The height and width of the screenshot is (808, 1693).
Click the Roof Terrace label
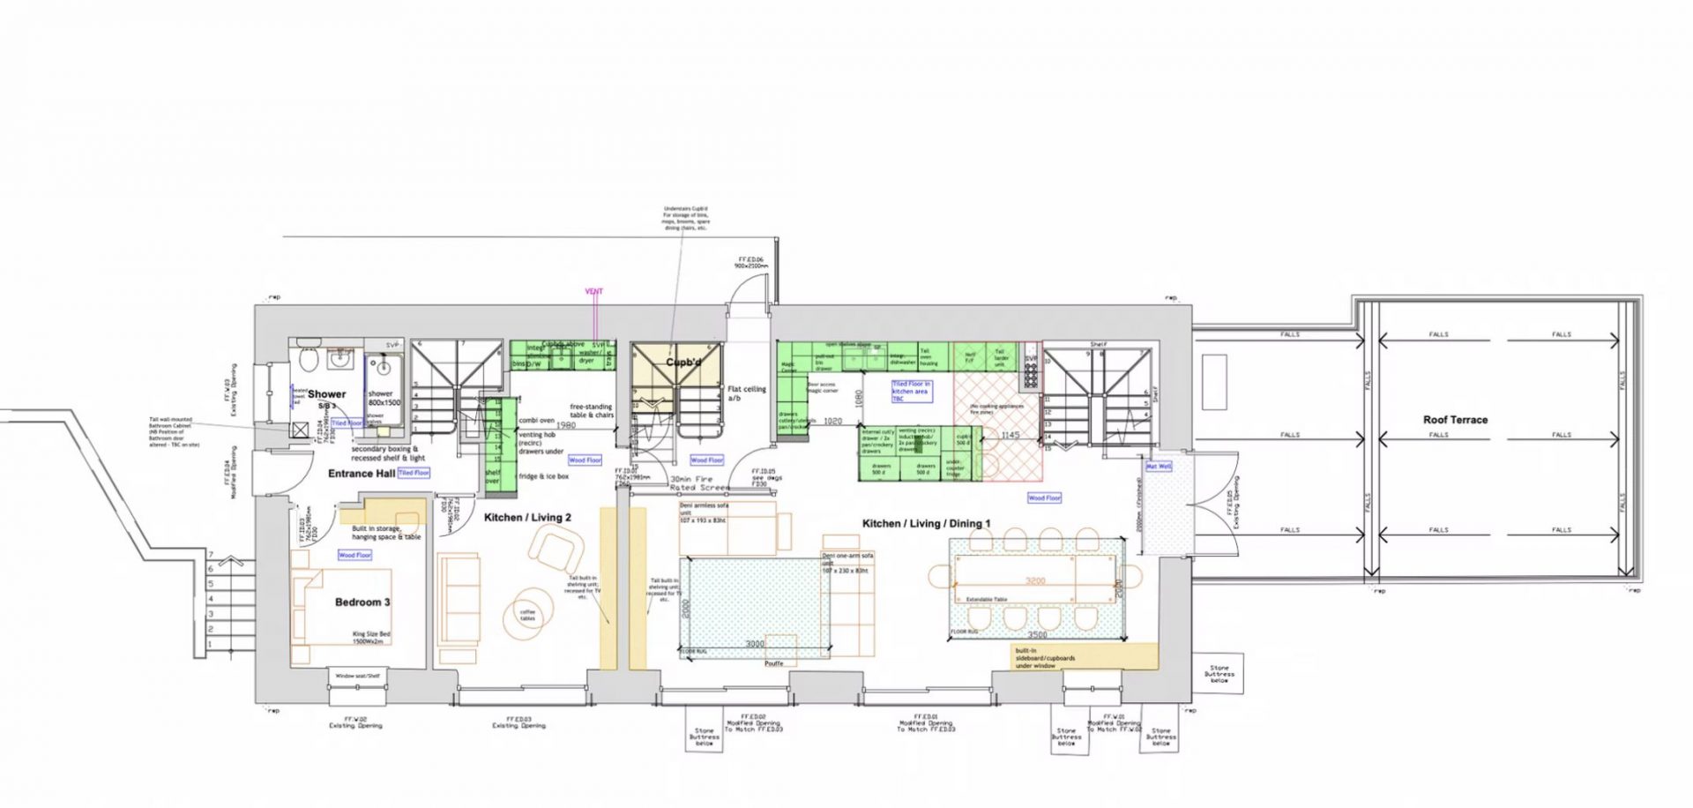1455,420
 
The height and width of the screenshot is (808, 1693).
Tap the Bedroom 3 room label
362,602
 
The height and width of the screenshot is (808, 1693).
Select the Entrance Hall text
362,474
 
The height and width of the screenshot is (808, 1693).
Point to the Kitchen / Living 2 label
527,518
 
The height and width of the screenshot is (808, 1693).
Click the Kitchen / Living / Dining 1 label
926,524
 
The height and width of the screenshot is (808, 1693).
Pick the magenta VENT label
594,291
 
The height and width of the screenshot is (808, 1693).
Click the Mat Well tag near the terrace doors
1158,467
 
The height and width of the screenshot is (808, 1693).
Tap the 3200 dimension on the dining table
1035,581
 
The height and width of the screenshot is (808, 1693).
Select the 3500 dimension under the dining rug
1037,635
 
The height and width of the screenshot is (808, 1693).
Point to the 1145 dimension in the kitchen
1010,435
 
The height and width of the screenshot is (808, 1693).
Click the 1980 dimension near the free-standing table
565,425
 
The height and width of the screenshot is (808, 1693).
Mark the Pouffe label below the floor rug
773,663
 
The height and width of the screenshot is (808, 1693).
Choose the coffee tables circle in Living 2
527,614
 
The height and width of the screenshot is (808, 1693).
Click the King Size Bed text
371,638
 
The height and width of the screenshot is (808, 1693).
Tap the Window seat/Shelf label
357,677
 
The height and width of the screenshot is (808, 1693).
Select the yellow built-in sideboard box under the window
1085,656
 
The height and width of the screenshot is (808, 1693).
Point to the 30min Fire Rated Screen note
699,483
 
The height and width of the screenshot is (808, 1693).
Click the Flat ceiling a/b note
746,393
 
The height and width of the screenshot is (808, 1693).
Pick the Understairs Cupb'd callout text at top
685,219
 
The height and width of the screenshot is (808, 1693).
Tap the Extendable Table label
987,600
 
